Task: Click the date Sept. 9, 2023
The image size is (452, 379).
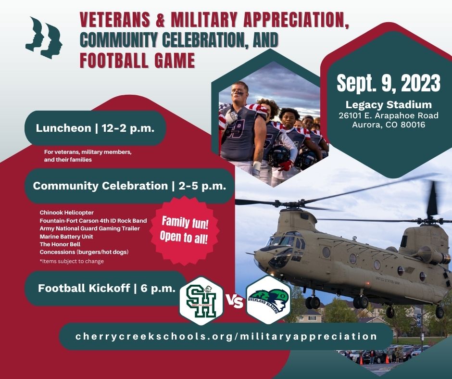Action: pyautogui.click(x=388, y=83)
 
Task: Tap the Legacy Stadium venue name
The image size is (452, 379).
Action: pyautogui.click(x=388, y=104)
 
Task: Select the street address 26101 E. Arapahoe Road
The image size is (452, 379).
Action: pyautogui.click(x=388, y=115)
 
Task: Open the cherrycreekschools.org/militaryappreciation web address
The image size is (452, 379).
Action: pyautogui.click(x=226, y=336)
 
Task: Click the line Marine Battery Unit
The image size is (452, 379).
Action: pyautogui.click(x=66, y=237)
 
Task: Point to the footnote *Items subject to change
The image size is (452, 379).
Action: pyautogui.click(x=72, y=261)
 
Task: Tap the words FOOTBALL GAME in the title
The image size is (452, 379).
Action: pyautogui.click(x=138, y=61)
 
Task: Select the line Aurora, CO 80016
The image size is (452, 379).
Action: pyautogui.click(x=388, y=125)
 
